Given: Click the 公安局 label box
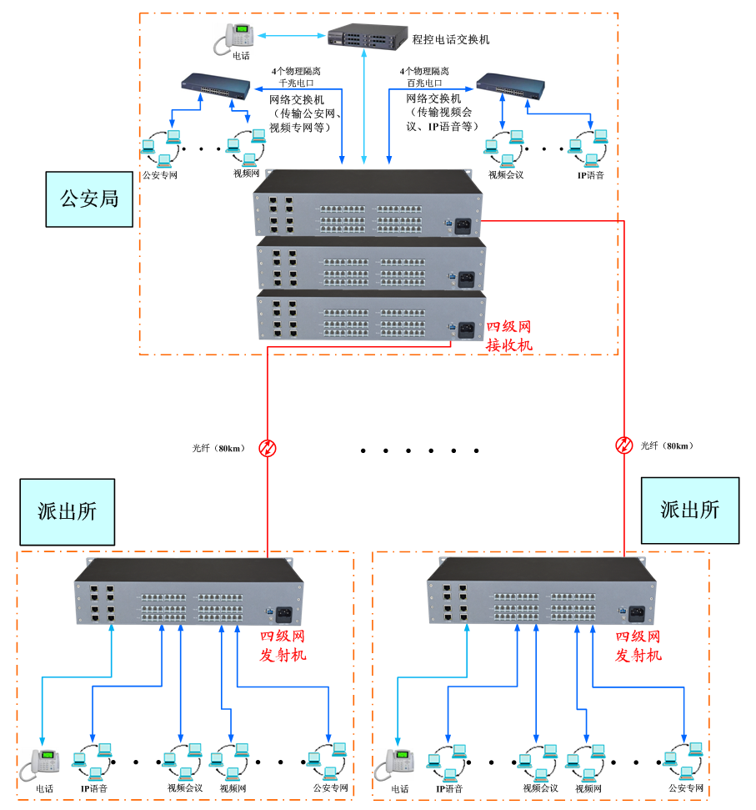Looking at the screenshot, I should [89, 199].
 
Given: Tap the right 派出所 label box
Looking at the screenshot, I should [689, 511].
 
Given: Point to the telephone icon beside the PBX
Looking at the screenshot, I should [236, 38].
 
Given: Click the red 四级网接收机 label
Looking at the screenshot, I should [508, 335].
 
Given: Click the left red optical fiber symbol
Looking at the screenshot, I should [268, 449].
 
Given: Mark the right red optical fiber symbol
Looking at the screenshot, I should [624, 445].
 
